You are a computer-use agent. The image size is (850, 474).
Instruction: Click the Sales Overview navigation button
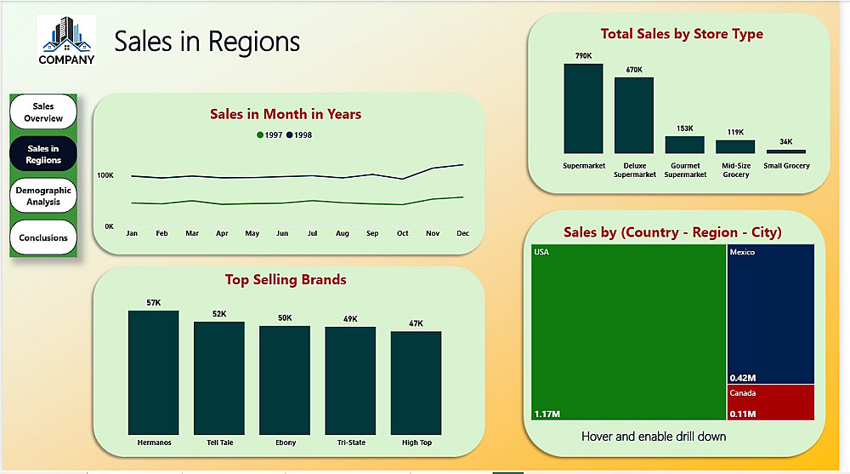coord(42,111)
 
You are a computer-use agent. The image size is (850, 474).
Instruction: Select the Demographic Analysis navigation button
coord(42,196)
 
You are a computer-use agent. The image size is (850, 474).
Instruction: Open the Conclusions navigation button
coord(42,237)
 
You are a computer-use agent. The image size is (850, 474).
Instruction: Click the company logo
coord(66,40)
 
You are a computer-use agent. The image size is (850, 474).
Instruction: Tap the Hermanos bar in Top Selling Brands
coord(154,372)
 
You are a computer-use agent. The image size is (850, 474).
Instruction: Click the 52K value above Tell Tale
coord(219,314)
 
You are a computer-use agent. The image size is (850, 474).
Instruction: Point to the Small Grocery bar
coord(785,151)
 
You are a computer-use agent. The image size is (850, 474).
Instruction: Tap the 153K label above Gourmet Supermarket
coord(685,128)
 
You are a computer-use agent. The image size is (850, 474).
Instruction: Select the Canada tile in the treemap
coord(771,402)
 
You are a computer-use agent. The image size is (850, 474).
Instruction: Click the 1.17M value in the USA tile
coord(547,414)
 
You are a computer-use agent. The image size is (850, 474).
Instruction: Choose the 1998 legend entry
coord(299,135)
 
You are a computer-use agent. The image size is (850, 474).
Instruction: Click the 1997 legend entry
coord(269,135)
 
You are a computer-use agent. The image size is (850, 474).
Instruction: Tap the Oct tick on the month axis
coord(402,233)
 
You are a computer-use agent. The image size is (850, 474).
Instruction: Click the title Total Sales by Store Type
coord(682,34)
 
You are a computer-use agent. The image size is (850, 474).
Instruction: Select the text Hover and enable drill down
coord(654,437)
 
